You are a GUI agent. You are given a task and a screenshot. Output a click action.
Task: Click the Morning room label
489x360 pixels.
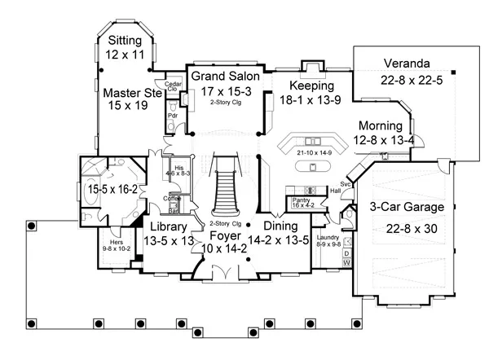coord(380,126)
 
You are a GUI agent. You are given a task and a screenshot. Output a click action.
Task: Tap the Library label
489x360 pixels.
coord(169,226)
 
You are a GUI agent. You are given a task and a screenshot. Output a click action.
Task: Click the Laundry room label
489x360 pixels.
coord(329,239)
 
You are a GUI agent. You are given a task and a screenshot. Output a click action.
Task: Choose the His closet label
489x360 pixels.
coord(178,168)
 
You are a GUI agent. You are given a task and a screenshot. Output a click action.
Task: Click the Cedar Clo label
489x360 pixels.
coord(172,86)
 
